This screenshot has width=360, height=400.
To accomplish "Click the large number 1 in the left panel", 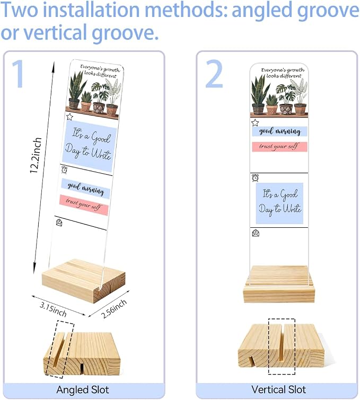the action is pyautogui.click(x=19, y=74).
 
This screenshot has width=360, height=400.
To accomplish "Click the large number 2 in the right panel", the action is pyautogui.click(x=215, y=74).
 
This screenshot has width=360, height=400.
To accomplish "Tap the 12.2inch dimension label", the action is pyautogui.click(x=36, y=155).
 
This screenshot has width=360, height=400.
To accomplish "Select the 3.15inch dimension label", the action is pyautogui.click(x=53, y=309).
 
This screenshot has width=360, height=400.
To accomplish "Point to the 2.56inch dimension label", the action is pyautogui.click(x=114, y=309).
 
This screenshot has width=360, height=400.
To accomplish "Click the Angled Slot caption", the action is pyautogui.click(x=83, y=390).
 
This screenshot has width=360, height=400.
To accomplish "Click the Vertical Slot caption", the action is pyautogui.click(x=278, y=389).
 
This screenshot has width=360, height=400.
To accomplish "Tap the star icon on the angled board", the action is pyautogui.click(x=69, y=117).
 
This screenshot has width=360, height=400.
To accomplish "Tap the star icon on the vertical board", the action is pyautogui.click(x=255, y=123).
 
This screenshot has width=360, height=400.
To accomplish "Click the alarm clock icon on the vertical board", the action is pyautogui.click(x=255, y=178).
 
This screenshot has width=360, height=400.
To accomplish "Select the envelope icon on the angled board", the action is pyautogui.click(x=59, y=223).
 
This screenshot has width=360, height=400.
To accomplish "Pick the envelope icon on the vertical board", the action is pyautogui.click(x=256, y=233).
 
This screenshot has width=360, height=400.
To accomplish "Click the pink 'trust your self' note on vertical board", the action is pyautogui.click(x=279, y=147).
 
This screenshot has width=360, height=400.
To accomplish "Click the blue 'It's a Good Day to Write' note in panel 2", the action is pyautogui.click(x=279, y=203).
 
